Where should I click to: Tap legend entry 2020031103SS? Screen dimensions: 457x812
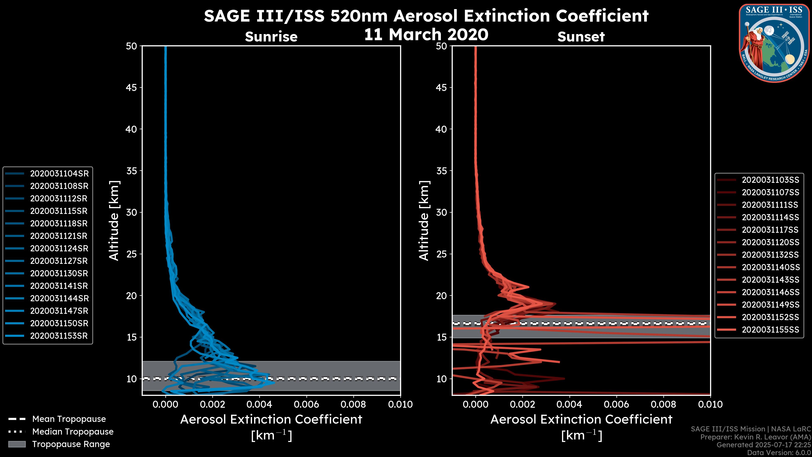pos(770,180)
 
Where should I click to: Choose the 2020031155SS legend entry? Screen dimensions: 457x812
pos(770,330)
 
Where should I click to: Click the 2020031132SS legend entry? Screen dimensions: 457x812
pos(770,255)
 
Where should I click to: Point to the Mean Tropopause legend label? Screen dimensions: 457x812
pos(69,419)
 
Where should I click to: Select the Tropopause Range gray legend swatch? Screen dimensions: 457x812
pos(17,444)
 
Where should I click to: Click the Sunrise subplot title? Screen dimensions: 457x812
pos(271,37)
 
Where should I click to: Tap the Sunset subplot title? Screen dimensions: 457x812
pos(581,37)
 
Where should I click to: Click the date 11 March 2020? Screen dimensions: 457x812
pos(426,34)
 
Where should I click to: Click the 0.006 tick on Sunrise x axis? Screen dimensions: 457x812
pos(306,404)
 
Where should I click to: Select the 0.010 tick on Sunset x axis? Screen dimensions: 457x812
pos(710,404)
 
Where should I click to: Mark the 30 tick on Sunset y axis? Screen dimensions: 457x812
pos(442,212)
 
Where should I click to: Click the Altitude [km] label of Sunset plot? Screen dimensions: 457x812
pos(424,220)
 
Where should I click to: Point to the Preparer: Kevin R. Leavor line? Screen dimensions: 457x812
pos(755,437)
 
